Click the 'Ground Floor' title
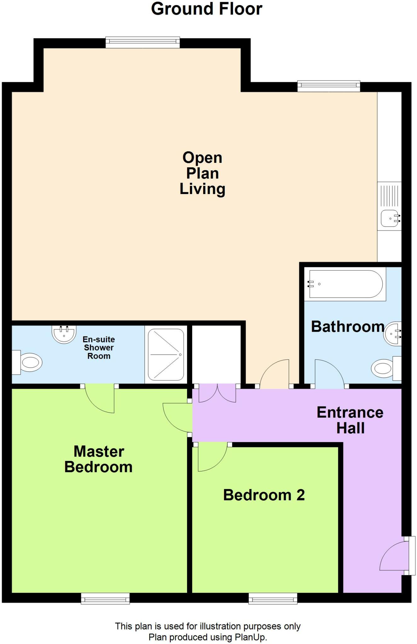click(207, 9)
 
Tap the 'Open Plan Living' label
click(202, 173)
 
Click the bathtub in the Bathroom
click(346, 284)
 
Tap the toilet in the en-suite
click(29, 363)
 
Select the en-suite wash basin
click(64, 334)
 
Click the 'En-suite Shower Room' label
click(99, 348)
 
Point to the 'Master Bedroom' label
click(98, 459)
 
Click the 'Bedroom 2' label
click(264, 495)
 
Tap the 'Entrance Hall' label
click(350, 420)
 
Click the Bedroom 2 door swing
click(210, 458)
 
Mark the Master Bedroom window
click(105, 598)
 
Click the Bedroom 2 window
click(273, 598)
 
